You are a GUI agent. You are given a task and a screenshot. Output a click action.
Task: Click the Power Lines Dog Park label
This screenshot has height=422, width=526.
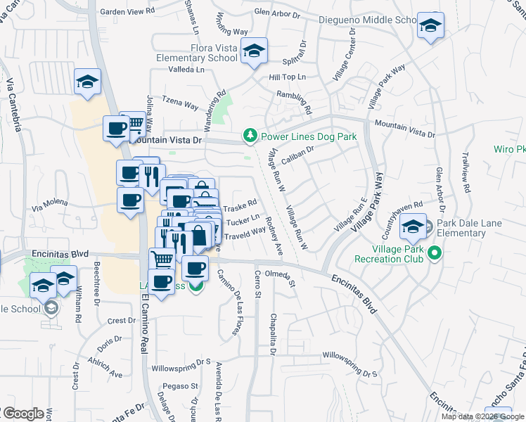[309, 136]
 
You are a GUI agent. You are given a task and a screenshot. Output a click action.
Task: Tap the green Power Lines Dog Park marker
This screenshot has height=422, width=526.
[249, 135]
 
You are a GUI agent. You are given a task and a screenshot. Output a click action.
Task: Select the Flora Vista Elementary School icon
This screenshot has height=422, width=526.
[254, 51]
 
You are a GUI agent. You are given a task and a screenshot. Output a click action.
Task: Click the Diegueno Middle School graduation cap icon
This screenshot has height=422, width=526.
[429, 26]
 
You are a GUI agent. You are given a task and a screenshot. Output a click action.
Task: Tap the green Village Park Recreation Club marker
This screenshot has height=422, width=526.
[435, 252]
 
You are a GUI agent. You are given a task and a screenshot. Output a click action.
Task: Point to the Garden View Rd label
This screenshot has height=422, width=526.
[127, 12]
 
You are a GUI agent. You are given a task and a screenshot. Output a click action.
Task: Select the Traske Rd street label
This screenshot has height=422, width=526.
[240, 208]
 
